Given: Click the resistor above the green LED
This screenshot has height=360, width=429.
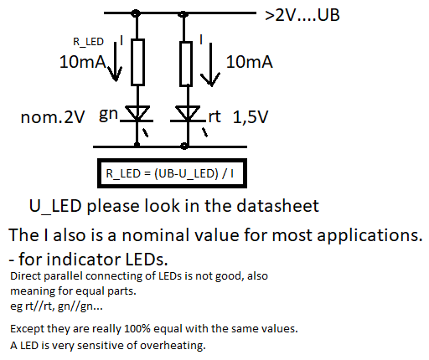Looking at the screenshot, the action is point(137,62).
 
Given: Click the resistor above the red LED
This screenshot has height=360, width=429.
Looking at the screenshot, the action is point(186,64).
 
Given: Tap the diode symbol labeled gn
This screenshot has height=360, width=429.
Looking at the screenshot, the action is point(137,114).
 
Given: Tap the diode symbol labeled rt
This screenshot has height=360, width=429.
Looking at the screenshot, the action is point(188,114).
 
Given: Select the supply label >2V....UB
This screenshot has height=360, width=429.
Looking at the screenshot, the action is point(302,15).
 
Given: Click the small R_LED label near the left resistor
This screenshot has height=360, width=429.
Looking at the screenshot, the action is point(88,42).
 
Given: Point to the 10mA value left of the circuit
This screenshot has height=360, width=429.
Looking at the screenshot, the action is point(83,62).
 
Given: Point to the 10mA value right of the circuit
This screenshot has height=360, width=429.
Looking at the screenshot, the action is point(249,62).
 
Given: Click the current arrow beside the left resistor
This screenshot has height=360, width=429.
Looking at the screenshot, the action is point(115,61).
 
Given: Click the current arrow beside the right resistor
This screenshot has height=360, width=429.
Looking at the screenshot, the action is point(210,64).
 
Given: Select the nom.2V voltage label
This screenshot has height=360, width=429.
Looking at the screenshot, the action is point(53,117).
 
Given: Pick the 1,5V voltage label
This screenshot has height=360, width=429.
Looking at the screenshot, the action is point(251,117).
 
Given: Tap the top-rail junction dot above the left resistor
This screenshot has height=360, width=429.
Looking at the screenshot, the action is point(136,13).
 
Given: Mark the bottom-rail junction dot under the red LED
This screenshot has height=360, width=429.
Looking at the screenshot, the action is point(184,146).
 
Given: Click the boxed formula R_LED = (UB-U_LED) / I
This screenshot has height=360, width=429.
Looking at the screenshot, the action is point(172,173).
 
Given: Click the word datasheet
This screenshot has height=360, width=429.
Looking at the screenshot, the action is point(277,206).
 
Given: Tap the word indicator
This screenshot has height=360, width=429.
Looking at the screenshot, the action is point(84,260).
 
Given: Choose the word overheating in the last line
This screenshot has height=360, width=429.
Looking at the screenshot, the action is point(173,346).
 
